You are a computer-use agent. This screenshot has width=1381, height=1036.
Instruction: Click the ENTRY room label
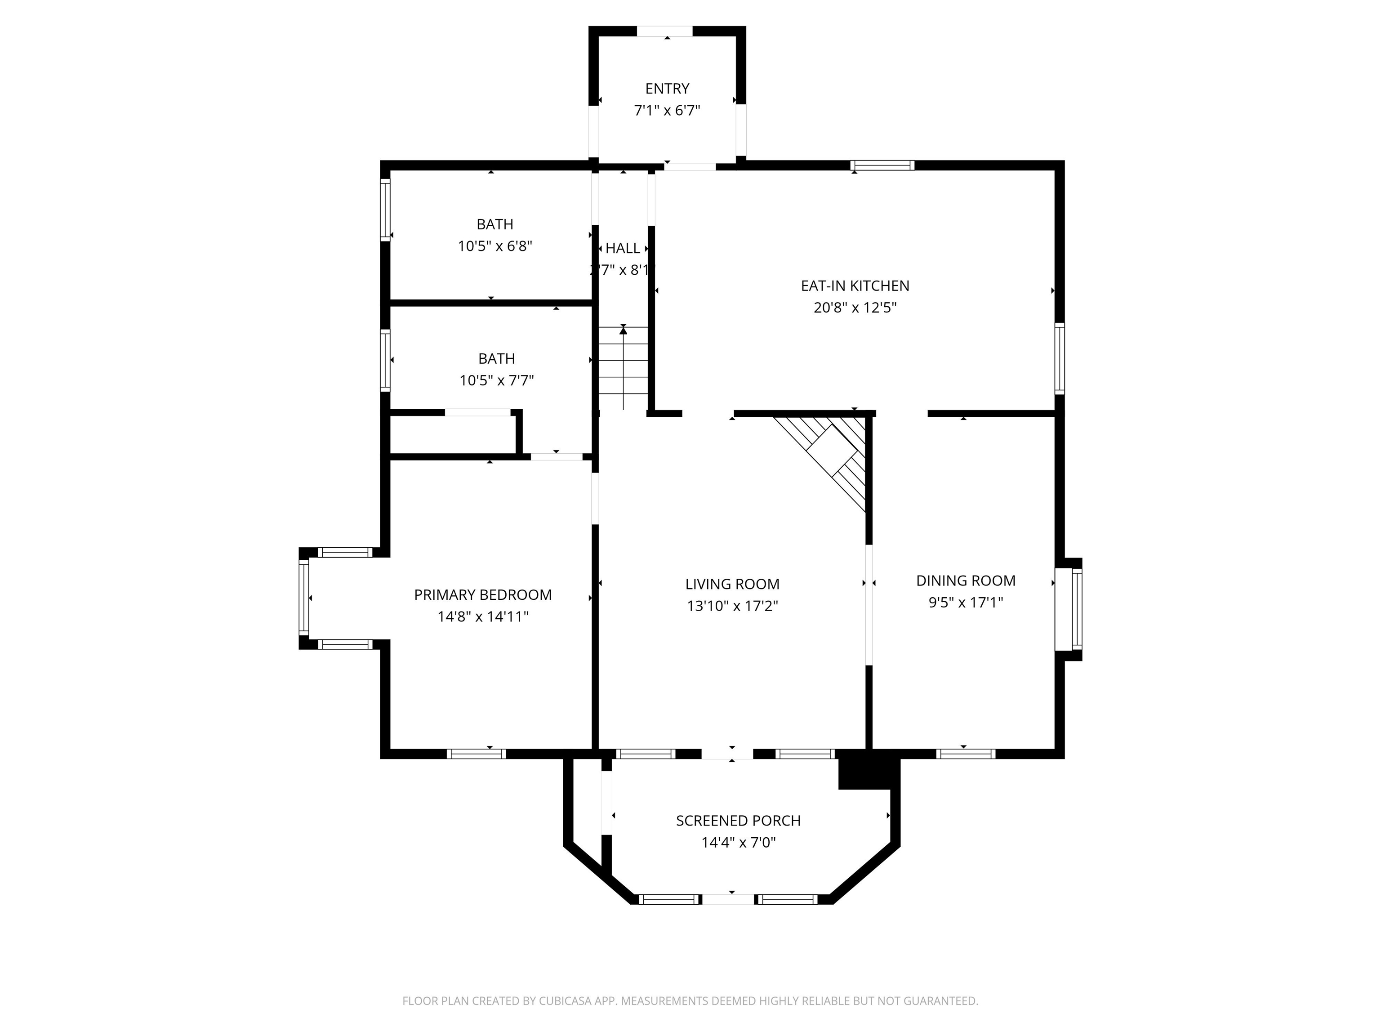[667, 89]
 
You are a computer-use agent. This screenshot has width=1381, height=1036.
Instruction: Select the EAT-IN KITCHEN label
[855, 286]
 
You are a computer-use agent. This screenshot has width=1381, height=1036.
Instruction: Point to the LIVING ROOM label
[732, 585]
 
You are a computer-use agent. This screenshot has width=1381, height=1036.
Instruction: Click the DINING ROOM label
[965, 581]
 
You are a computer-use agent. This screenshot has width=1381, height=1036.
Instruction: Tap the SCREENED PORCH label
[738, 821]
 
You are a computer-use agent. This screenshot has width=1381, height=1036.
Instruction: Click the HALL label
[623, 249]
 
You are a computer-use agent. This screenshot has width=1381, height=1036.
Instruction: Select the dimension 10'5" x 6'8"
[494, 246]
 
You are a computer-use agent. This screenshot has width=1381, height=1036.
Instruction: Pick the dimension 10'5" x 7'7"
[496, 380]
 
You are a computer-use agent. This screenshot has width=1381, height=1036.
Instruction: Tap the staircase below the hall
[623, 368]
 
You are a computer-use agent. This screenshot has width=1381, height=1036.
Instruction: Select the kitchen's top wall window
[882, 165]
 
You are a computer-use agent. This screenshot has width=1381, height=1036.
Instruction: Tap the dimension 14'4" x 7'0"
[738, 842]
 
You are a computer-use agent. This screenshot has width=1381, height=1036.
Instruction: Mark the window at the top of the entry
[664, 31]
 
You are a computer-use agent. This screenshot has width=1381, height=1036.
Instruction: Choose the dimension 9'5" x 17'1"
[965, 603]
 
